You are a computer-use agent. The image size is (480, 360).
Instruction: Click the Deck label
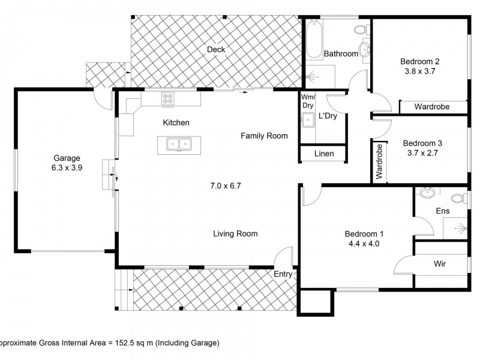point(216,49)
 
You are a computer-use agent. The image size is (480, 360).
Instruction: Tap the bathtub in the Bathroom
point(314,40)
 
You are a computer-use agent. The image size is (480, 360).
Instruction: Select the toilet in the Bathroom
point(361,29)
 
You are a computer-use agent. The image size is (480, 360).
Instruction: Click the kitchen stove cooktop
point(168,100)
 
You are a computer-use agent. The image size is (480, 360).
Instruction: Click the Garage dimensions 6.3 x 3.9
point(67,168)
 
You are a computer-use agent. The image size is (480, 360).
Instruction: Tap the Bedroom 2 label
point(420,61)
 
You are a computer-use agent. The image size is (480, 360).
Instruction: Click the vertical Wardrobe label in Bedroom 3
point(379,162)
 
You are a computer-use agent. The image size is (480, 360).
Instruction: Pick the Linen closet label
point(324,154)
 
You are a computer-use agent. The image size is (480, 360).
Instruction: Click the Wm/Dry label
point(307,101)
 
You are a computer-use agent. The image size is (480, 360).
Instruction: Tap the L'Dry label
point(328,116)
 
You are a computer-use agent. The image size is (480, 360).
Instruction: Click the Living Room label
point(235,233)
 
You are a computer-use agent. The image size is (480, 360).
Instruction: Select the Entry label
point(283,274)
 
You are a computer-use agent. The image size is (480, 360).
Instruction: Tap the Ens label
point(442,211)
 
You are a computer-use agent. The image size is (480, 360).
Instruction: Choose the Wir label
point(440,263)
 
